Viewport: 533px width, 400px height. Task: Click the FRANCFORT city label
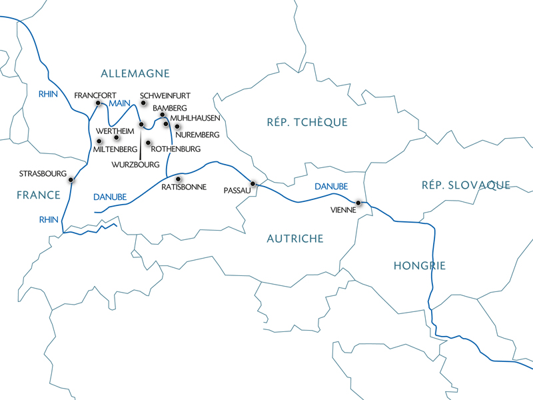(95, 95)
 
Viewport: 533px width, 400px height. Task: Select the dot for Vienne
(358, 202)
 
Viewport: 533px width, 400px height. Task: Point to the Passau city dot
(253, 183)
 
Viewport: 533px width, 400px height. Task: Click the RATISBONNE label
(184, 187)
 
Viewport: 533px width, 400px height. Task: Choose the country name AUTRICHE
(295, 239)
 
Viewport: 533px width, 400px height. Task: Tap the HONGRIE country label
(419, 266)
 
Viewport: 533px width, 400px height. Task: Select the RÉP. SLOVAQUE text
(466, 185)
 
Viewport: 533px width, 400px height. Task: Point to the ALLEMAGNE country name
(135, 73)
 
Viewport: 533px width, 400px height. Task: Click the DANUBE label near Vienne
(331, 187)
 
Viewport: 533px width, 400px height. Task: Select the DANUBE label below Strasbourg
(107, 197)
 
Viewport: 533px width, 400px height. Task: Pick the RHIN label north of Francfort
(49, 94)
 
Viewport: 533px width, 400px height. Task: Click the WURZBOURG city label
(135, 164)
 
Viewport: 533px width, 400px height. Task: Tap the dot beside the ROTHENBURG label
(148, 142)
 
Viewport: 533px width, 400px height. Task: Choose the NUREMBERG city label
(197, 135)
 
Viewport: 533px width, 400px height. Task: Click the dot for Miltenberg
(99, 141)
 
